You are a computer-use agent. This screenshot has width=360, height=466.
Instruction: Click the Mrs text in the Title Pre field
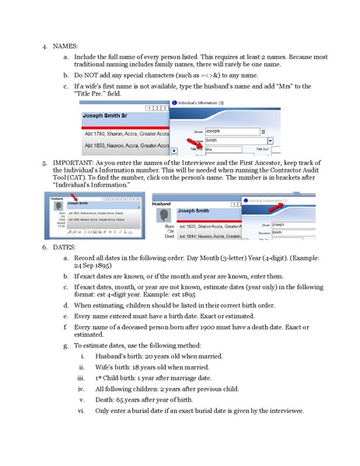click(x=209, y=148)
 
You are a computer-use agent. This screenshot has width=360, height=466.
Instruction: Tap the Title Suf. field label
click(x=264, y=148)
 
